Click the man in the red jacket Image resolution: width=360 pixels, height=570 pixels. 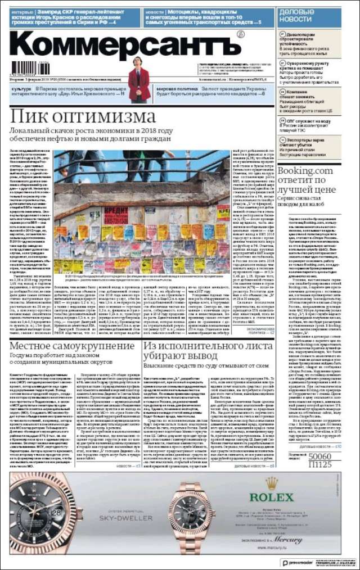(x=138, y=79)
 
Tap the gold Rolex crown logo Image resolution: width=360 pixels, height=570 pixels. (x=272, y=483)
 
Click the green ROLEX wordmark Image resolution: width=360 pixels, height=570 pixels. (x=272, y=497)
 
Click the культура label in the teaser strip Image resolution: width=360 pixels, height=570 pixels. (x=21, y=89)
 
